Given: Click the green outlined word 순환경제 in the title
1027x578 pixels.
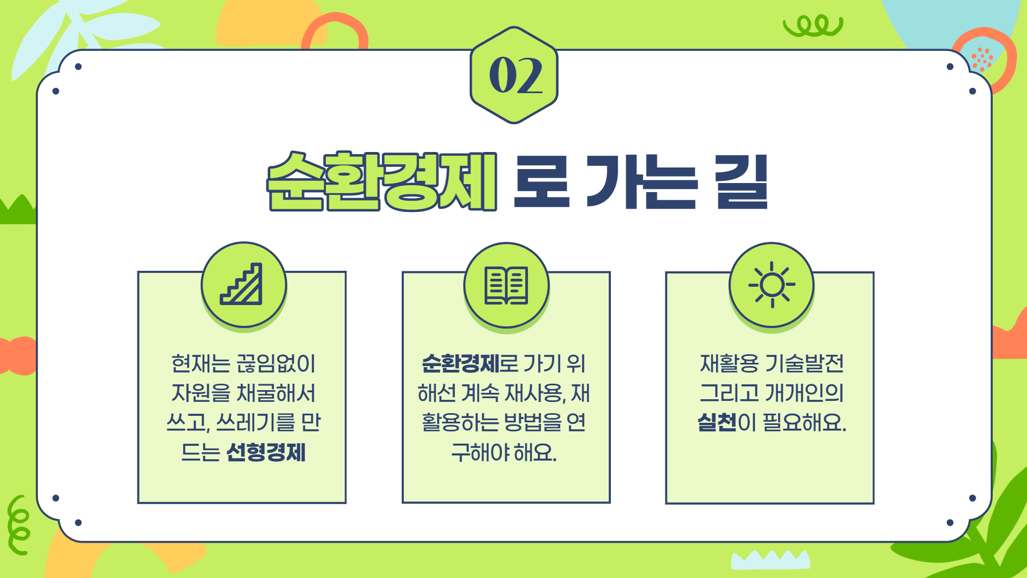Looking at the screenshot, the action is point(382,181).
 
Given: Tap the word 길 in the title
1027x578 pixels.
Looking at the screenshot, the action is point(742,182).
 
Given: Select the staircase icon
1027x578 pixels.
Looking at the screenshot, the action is point(241,284).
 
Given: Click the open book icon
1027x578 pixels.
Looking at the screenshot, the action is point(506,285).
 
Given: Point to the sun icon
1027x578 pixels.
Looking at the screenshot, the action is point(772,285).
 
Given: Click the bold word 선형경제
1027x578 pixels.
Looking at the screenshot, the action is point(266,452).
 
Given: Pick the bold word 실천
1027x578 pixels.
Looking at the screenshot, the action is point(717,422).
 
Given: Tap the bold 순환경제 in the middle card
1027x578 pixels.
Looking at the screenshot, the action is point(461,363).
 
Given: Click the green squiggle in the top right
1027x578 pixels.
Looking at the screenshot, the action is point(813,26).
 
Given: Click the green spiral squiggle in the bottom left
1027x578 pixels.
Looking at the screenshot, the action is point(18,525).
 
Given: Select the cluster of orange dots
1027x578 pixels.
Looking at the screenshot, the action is point(982,59).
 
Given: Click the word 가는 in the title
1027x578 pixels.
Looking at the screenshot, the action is point(642,182).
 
